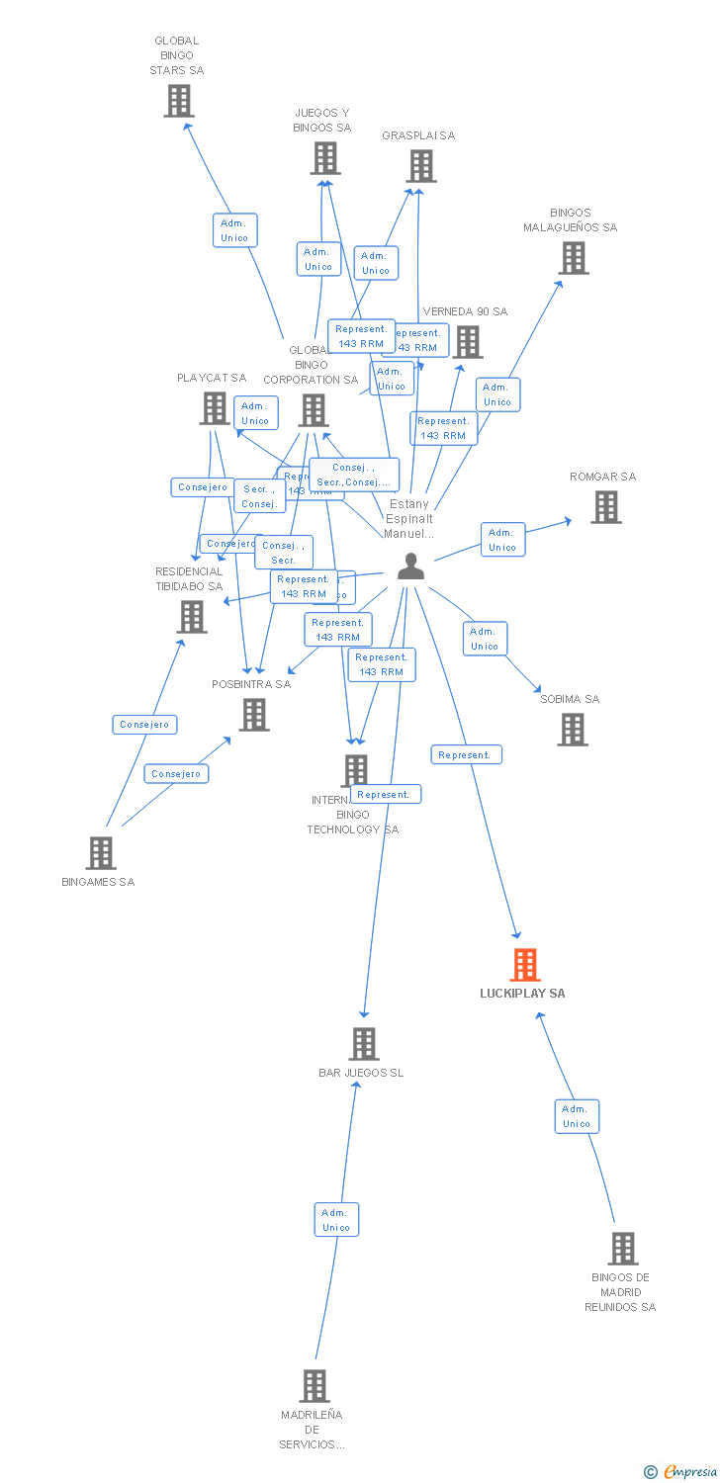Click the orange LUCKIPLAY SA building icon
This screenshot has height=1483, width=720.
click(525, 964)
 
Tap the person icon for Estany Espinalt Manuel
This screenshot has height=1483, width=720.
click(410, 567)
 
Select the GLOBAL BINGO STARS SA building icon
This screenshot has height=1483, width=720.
click(179, 101)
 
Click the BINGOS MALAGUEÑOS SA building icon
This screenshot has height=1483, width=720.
click(573, 258)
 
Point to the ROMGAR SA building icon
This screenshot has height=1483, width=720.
click(606, 507)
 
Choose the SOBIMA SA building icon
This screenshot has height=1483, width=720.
click(573, 730)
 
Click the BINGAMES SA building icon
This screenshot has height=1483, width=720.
click(101, 852)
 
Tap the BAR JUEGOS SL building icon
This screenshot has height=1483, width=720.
click(364, 1044)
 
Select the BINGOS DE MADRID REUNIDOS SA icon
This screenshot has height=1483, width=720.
click(623, 1249)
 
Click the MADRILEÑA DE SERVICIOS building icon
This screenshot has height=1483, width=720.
click(315, 1386)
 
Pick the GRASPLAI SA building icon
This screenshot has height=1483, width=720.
click(421, 166)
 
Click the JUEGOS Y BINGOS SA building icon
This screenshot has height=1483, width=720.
click(325, 158)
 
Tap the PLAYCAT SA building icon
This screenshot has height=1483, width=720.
click(215, 407)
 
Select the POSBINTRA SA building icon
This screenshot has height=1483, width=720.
click(254, 714)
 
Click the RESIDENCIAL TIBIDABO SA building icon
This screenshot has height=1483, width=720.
click(192, 617)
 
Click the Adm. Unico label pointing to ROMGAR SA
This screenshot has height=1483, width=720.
click(502, 540)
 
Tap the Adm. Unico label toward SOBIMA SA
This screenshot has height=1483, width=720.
click(485, 639)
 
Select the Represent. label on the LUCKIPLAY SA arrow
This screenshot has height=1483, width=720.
click(466, 755)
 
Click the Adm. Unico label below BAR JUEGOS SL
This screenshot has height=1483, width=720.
click(336, 1220)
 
